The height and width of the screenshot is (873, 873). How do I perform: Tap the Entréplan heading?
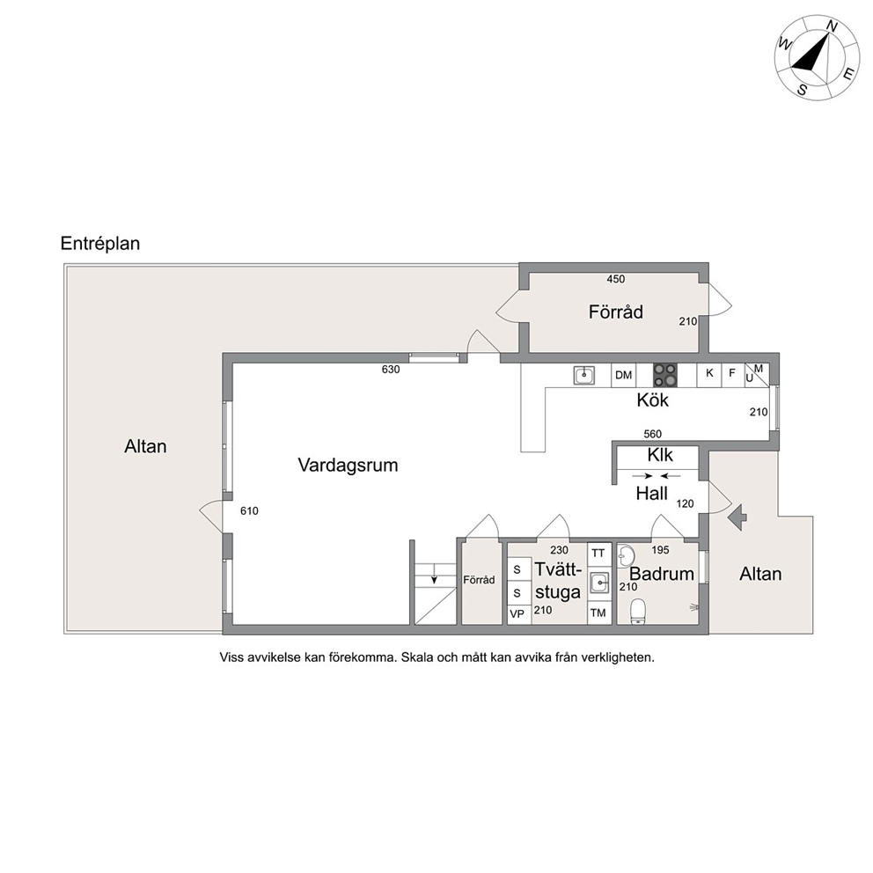point(100,244)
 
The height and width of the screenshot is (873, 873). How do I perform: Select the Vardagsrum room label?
point(348,466)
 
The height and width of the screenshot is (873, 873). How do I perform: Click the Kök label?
point(652,400)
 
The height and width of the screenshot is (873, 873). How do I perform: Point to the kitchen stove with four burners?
point(664,375)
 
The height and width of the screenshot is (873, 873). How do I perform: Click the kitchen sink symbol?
point(584,375)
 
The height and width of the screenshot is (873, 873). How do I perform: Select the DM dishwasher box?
point(624,375)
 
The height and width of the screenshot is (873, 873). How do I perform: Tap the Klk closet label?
point(660,456)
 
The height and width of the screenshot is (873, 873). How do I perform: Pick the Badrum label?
point(662,574)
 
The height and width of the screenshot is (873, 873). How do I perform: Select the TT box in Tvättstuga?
point(598,554)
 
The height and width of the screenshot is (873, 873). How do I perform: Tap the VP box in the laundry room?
point(517,614)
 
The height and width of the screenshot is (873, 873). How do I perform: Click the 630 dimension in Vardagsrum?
point(391,369)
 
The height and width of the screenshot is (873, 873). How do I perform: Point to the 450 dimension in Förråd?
point(616,279)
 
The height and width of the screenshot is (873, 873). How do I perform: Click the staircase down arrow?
point(434,579)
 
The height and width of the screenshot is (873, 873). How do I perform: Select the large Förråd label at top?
point(616,312)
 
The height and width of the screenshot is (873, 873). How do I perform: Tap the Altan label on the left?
point(145,446)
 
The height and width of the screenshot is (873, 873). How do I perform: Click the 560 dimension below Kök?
point(652,434)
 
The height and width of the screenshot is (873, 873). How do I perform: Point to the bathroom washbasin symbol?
point(627,555)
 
